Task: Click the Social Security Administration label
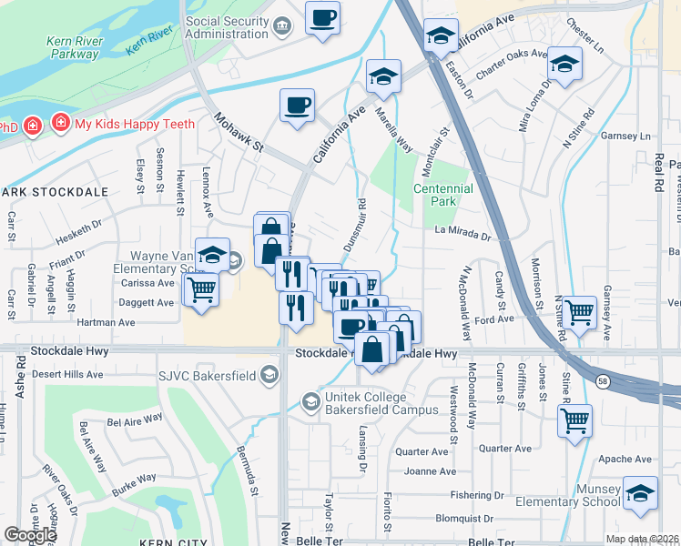[x=228, y=28]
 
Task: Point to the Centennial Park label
[x=443, y=195]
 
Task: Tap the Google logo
[x=30, y=535]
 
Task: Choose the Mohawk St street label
[x=239, y=133]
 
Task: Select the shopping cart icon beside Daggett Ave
[x=201, y=290]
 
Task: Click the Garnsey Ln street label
[x=628, y=136]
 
